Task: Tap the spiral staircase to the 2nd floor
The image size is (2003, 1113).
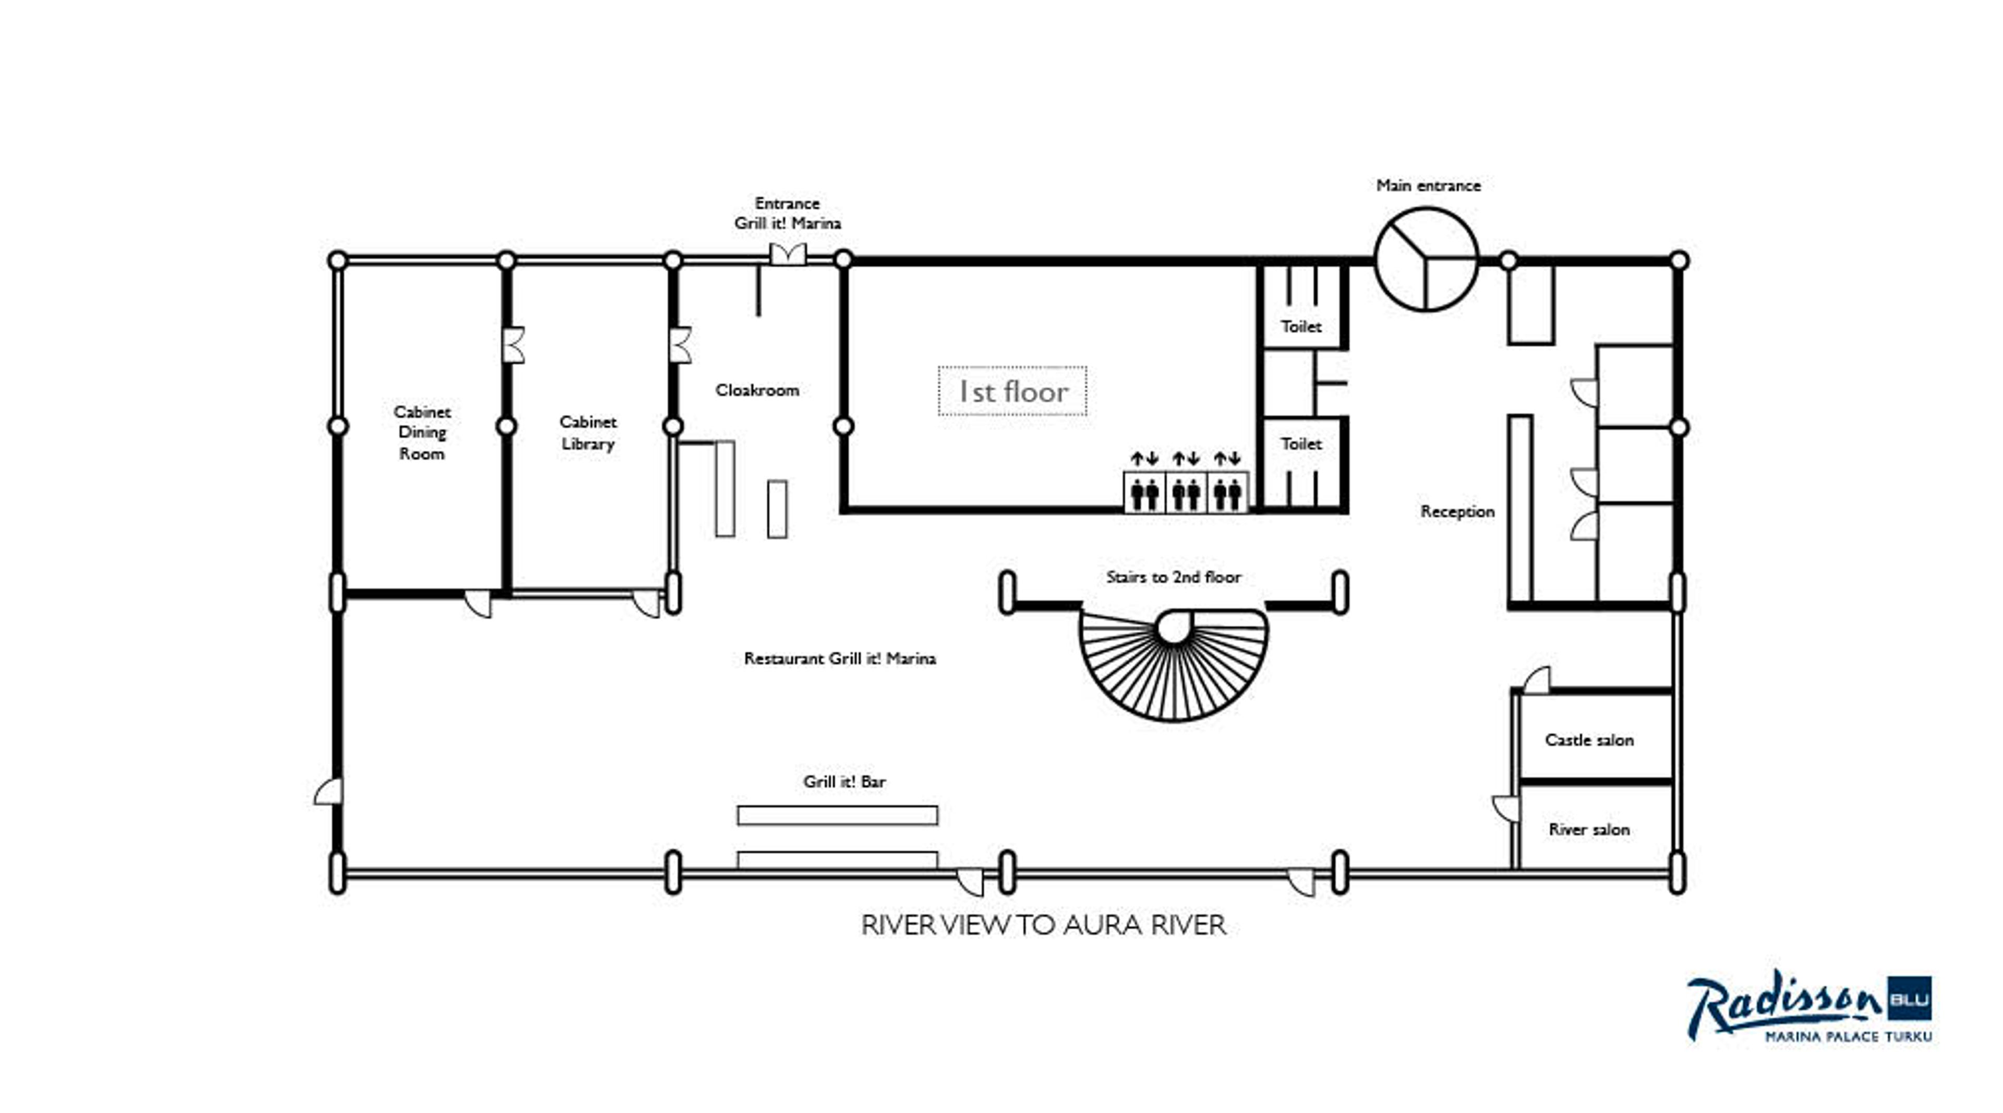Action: (x=1173, y=665)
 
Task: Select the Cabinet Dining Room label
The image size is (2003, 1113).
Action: (x=421, y=433)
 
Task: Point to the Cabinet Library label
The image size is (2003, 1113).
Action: (x=588, y=433)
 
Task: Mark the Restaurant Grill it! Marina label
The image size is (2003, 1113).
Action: (x=840, y=659)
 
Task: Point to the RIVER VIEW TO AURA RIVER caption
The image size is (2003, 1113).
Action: (x=1043, y=926)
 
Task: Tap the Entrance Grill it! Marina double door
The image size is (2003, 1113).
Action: (x=788, y=254)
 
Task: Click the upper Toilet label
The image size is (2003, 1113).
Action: (x=1301, y=327)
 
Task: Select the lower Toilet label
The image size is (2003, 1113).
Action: (x=1301, y=444)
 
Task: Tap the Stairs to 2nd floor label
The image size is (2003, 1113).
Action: (x=1173, y=577)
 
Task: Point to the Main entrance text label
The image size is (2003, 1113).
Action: (x=1428, y=186)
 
